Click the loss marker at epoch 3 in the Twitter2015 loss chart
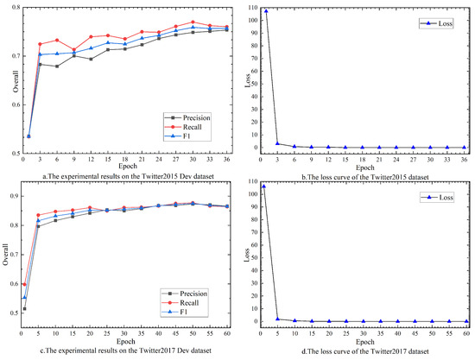tap(276, 143)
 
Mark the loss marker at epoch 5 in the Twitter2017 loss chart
tap(278, 319)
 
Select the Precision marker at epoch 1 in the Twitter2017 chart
tap(24, 308)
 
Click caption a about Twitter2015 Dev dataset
tap(118, 175)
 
